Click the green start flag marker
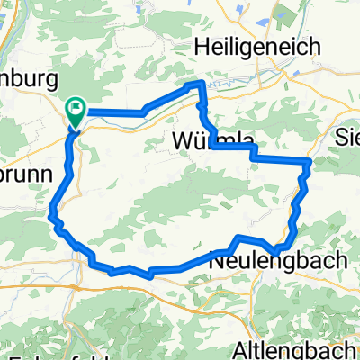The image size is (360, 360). (x=76, y=112)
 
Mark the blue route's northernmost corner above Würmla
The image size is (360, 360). (x=198, y=84)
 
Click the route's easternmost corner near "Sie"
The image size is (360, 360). (x=310, y=162)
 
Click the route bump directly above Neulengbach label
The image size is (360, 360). (x=239, y=238)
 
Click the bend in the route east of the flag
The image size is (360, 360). (x=142, y=112)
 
